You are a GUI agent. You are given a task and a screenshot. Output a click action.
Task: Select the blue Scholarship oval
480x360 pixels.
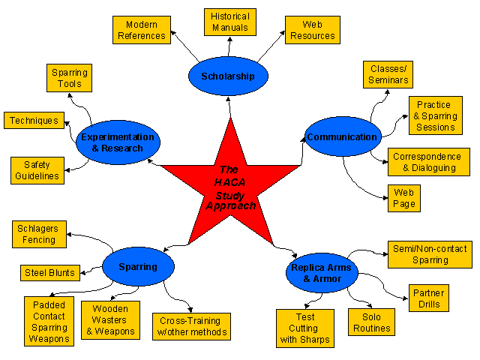pos(228,76)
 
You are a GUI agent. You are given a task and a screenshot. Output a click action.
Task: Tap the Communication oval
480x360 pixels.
pos(341,137)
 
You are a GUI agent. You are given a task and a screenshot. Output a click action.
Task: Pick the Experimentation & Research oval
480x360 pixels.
pos(118,142)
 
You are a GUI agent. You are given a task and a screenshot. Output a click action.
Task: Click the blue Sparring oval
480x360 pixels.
pos(138,266)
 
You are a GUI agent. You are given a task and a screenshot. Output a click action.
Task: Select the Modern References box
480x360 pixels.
pos(141,30)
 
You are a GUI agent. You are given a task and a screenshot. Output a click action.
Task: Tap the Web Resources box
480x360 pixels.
pos(312,30)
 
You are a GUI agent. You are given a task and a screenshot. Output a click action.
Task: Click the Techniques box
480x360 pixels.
pos(34,121)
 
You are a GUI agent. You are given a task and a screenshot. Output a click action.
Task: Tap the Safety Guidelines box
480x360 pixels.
pos(37,170)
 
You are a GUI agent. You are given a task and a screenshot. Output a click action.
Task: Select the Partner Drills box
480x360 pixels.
pos(429,299)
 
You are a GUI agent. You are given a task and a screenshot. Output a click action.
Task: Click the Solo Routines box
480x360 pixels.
pos(372,323)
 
